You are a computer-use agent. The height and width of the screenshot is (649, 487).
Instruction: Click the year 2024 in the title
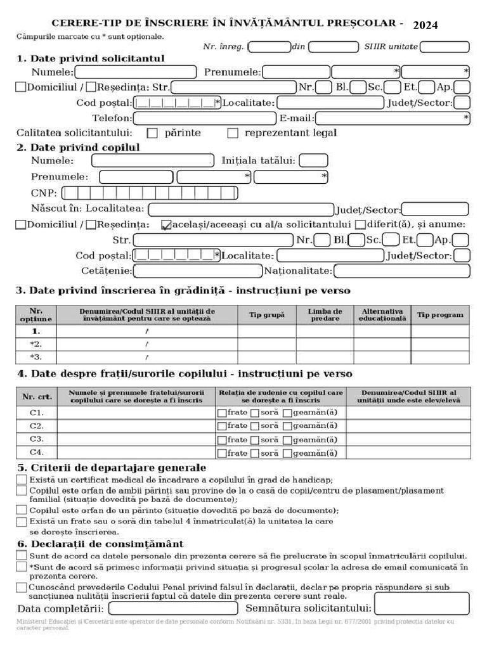(425, 25)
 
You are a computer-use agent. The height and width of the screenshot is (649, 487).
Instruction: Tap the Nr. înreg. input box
(269, 47)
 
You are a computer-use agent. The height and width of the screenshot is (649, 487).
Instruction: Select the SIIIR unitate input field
(445, 47)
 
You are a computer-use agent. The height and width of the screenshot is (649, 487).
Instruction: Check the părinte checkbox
(152, 134)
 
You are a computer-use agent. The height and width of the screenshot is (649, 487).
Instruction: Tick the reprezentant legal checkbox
(233, 134)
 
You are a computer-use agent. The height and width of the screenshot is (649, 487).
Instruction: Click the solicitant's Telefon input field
(205, 119)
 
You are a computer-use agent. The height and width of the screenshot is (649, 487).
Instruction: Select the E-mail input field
(393, 119)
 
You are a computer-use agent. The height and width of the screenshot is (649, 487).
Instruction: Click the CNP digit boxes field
(150, 193)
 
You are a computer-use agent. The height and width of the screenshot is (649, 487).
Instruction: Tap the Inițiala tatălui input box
(313, 162)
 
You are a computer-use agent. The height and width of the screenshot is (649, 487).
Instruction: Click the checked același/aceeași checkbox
(166, 224)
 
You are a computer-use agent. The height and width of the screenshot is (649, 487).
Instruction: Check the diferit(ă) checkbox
(360, 224)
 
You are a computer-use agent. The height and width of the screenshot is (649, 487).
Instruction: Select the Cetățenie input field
(197, 271)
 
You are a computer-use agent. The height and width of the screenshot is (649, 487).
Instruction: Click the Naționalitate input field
(401, 271)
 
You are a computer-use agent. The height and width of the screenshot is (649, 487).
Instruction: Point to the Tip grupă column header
(267, 315)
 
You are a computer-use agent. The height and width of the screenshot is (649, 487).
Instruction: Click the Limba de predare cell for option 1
(325, 331)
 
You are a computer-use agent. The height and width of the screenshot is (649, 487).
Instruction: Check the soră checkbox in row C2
(254, 427)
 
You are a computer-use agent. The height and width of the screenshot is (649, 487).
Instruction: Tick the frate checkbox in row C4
(222, 454)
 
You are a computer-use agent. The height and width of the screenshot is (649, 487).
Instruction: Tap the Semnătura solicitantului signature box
(421, 605)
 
